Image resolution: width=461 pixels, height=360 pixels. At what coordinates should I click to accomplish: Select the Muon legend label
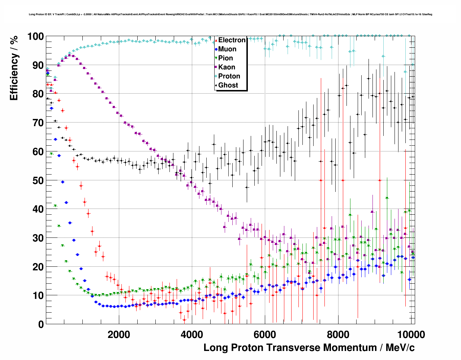click(x=227, y=49)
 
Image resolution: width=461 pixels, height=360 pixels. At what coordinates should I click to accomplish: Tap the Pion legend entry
click(x=225, y=58)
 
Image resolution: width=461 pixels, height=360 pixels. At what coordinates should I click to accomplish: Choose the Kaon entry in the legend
click(x=227, y=67)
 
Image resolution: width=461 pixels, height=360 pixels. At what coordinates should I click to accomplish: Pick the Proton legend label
click(x=229, y=76)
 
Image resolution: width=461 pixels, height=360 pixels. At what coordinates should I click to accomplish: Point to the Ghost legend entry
click(x=228, y=85)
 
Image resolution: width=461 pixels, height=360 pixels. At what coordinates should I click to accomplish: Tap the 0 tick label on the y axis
click(x=41, y=325)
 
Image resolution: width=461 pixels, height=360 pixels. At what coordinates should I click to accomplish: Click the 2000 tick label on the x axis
click(x=119, y=334)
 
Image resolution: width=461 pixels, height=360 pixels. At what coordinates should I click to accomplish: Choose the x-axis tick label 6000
click(x=265, y=334)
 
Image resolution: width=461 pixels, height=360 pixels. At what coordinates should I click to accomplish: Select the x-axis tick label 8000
click(x=338, y=334)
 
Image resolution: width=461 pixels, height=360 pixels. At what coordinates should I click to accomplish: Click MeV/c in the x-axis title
click(x=400, y=348)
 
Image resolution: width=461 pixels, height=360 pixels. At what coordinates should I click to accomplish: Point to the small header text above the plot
click(x=230, y=14)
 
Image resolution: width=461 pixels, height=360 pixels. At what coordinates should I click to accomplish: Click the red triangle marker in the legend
click(x=216, y=40)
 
